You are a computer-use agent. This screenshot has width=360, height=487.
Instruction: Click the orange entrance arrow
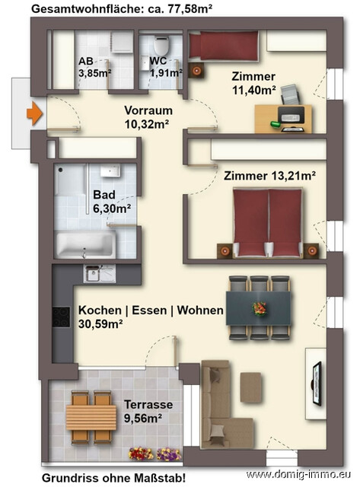point(33,115)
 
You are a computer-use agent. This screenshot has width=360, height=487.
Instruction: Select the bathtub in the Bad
point(84,245)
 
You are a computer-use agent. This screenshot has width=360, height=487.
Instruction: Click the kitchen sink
point(95,272)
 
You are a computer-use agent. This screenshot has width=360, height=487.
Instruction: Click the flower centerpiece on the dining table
point(260,308)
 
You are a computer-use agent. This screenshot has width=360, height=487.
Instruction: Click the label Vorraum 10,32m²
point(146,116)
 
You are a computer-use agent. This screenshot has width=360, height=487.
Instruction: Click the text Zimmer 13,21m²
point(269,176)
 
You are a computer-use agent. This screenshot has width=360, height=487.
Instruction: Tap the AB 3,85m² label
point(94,68)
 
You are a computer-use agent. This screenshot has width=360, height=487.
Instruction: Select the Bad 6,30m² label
point(111,200)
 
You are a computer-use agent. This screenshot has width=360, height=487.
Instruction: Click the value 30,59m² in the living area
point(100,323)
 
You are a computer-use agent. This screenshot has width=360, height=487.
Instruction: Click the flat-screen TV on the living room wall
point(315,377)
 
